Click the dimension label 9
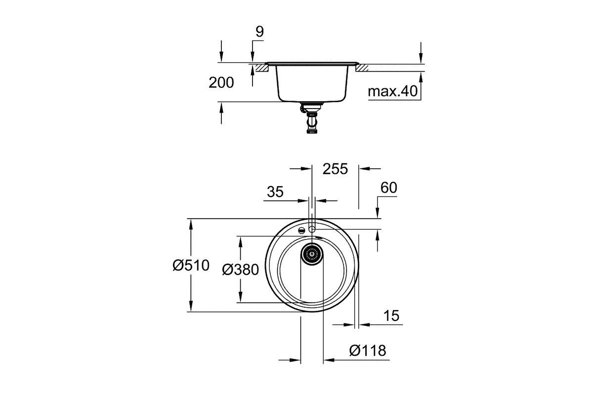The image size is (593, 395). pyautogui.click(x=259, y=32)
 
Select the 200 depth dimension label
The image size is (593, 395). pyautogui.click(x=221, y=82)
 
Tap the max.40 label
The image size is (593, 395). pyautogui.click(x=392, y=91)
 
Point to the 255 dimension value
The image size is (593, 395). pyautogui.click(x=335, y=169)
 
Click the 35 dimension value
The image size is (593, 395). pyautogui.click(x=275, y=192)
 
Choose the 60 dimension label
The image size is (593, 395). pyautogui.click(x=388, y=188)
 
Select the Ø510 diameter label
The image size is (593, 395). pyautogui.click(x=191, y=265)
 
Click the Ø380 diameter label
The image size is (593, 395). pyautogui.click(x=240, y=270)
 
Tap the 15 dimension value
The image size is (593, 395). pyautogui.click(x=391, y=316)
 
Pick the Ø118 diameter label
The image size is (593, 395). pyautogui.click(x=368, y=351)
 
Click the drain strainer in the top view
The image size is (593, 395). pyautogui.click(x=312, y=254)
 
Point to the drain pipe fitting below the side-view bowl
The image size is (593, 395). pyautogui.click(x=312, y=118)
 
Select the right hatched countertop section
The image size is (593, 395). pyautogui.click(x=362, y=68)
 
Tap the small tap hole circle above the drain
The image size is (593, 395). pyautogui.click(x=312, y=229)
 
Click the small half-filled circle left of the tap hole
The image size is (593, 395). pyautogui.click(x=301, y=230)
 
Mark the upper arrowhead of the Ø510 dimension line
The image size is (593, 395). pyautogui.click(x=191, y=224)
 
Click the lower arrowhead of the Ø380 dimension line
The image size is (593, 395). pyautogui.click(x=240, y=297)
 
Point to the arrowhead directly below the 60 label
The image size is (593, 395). pyautogui.click(x=378, y=213)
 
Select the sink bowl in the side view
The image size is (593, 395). pyautogui.click(x=312, y=82)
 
